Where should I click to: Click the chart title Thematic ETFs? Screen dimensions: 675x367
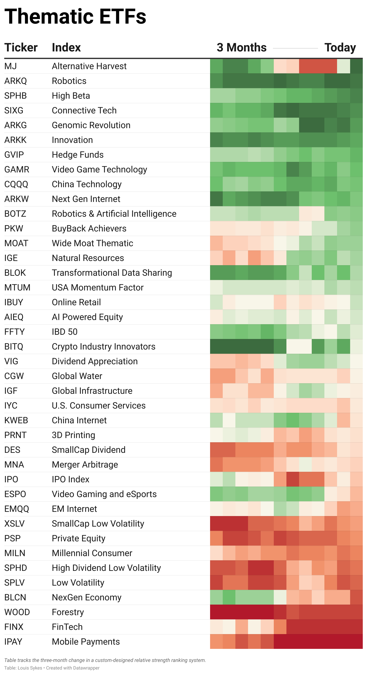click(75, 16)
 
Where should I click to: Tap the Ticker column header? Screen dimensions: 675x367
click(21, 47)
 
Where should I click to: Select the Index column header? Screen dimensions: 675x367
click(66, 47)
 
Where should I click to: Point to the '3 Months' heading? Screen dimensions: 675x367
click(242, 47)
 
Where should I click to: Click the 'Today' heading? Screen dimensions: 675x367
click(340, 47)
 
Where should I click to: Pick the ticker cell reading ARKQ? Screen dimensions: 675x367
click(15, 81)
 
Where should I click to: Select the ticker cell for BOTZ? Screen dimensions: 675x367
click(15, 214)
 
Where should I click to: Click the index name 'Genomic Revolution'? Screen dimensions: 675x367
click(91, 125)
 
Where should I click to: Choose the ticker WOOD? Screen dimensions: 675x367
click(17, 612)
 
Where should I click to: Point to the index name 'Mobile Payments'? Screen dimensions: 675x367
click(86, 641)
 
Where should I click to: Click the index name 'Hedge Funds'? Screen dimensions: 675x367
click(78, 155)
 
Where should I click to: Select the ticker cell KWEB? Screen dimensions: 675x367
click(16, 420)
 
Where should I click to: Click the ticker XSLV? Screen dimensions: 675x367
click(14, 524)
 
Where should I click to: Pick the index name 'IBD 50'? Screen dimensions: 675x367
click(65, 332)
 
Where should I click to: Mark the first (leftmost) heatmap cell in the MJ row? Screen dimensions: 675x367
click(216, 66)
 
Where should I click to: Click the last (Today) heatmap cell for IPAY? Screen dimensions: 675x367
click(356, 641)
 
